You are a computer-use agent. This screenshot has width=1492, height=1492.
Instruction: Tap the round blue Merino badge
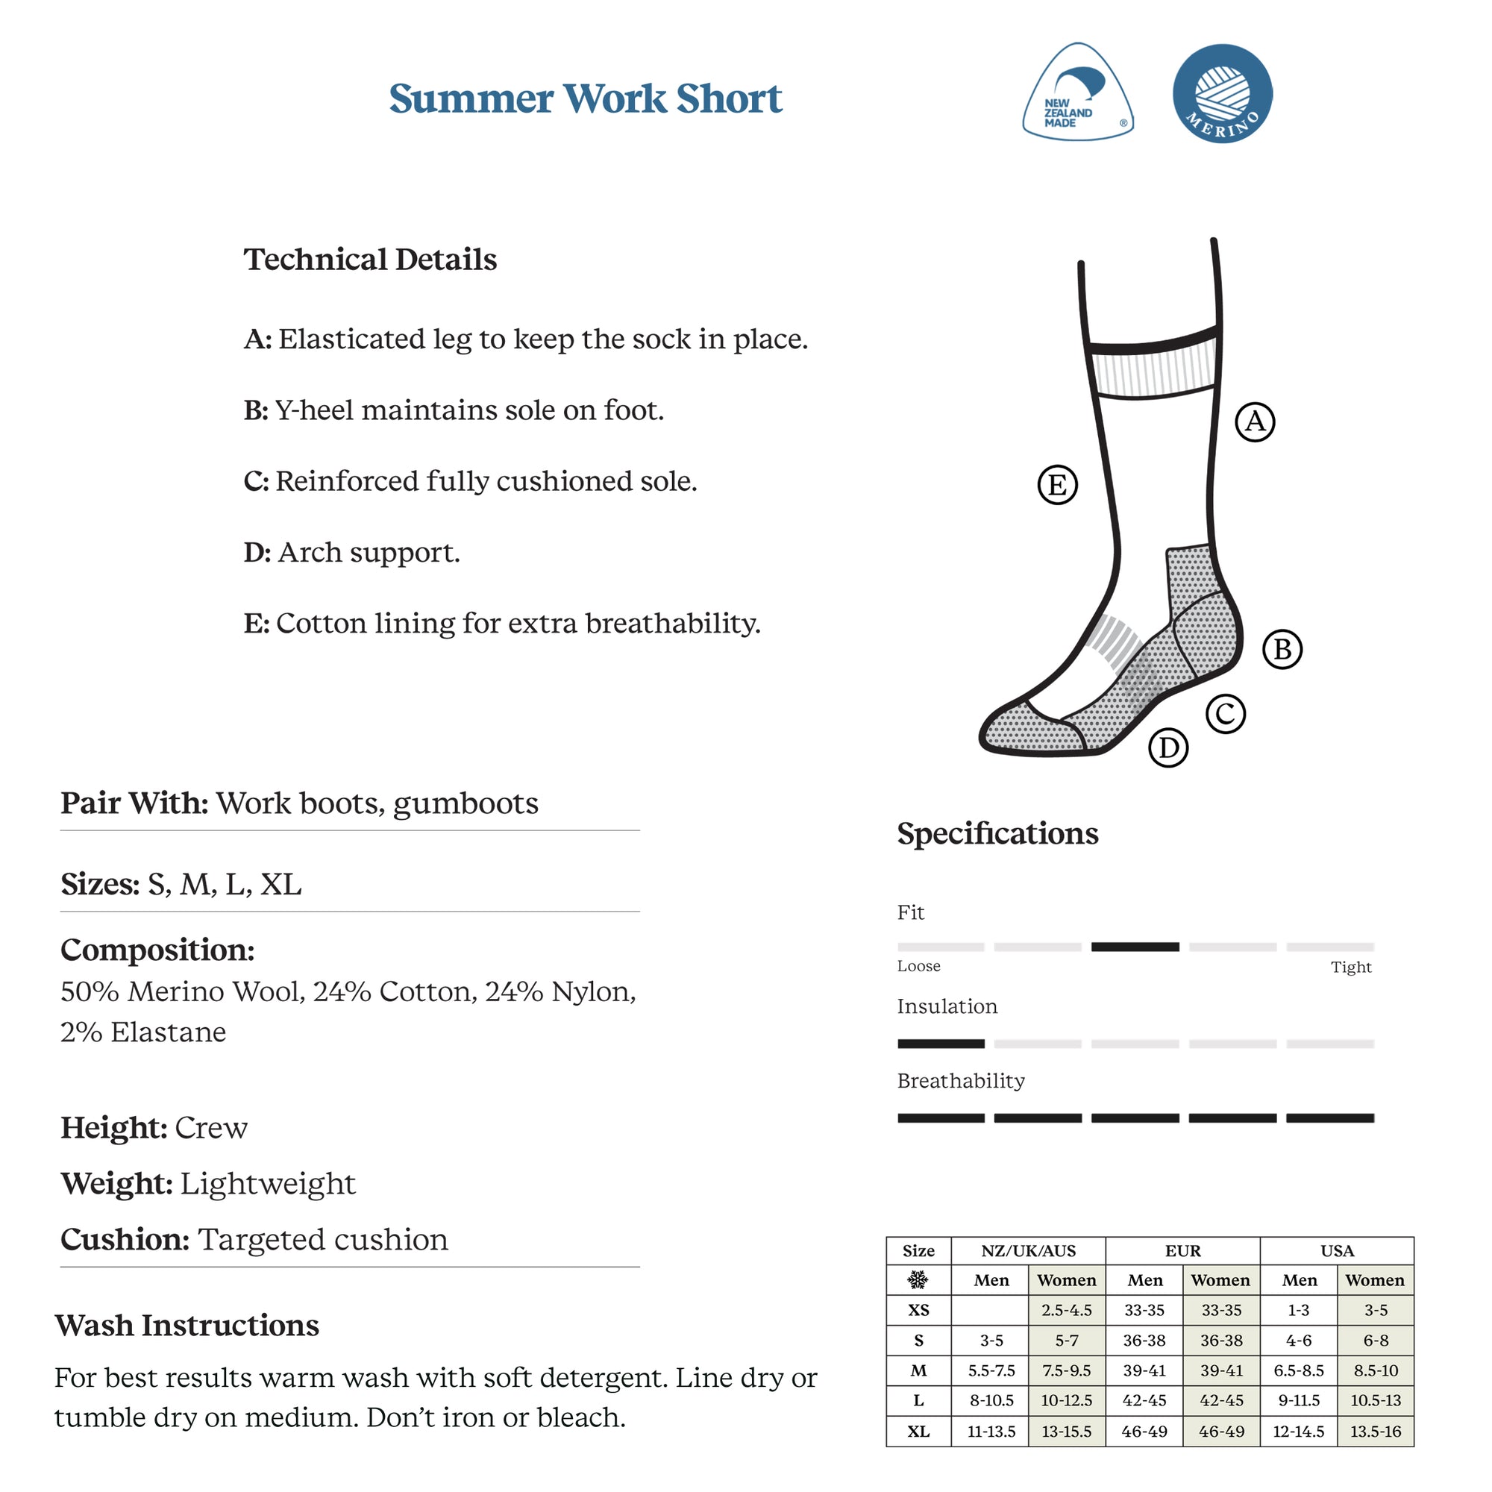pos(1222,93)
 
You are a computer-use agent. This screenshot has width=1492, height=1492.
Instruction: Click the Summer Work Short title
pos(586,99)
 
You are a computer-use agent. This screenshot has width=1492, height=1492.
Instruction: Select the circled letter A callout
pos(1255,421)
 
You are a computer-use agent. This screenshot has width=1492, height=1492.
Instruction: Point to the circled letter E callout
pos(1057,485)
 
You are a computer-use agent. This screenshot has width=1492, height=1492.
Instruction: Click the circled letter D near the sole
pos(1168,747)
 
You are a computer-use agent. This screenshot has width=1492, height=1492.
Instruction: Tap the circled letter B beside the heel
pos(1282,650)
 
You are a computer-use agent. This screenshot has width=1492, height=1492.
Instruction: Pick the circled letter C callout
pos(1226,714)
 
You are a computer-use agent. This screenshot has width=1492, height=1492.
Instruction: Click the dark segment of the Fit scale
pos(1135,947)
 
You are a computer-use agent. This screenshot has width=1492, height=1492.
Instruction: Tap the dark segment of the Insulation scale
pos(941,1044)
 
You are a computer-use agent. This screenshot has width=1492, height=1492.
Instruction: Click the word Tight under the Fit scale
pos(1351,968)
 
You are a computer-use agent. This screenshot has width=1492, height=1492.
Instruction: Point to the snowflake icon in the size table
pos(918,1280)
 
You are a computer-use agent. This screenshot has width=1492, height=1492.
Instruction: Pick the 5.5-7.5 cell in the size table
pos(991,1370)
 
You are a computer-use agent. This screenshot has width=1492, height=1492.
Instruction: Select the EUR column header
pos(1182,1251)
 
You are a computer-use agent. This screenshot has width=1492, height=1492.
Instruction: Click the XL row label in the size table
pos(918,1432)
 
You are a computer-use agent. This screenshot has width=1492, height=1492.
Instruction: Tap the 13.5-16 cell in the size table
pos(1376,1432)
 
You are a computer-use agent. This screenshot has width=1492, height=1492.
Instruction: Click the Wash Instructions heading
pos(187,1325)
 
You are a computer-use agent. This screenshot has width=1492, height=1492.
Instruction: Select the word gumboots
pos(466,804)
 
